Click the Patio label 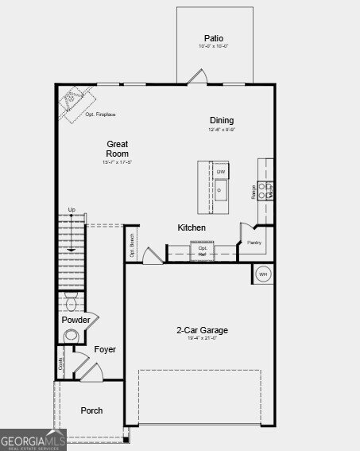click(214, 38)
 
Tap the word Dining click(222, 120)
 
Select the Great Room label click(118, 149)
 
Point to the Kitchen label click(192, 227)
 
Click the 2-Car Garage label click(202, 330)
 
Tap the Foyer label click(105, 349)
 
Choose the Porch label click(91, 410)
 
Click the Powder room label click(75, 320)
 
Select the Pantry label click(254, 243)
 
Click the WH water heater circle click(264, 274)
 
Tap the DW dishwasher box click(221, 172)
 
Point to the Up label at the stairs click(72, 210)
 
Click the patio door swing click(197, 76)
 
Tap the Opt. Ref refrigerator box click(203, 251)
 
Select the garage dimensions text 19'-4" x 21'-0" click(202, 340)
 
